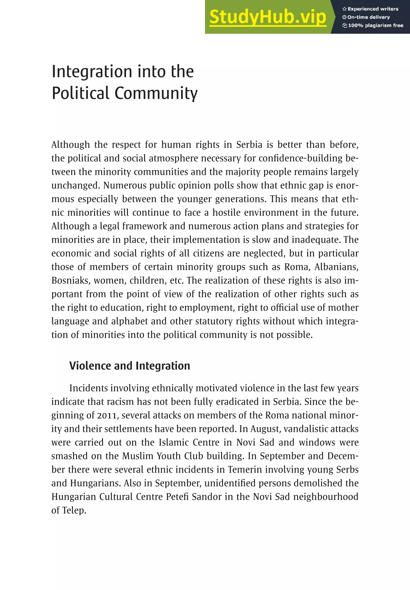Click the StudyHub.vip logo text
268,17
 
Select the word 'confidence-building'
300,158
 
